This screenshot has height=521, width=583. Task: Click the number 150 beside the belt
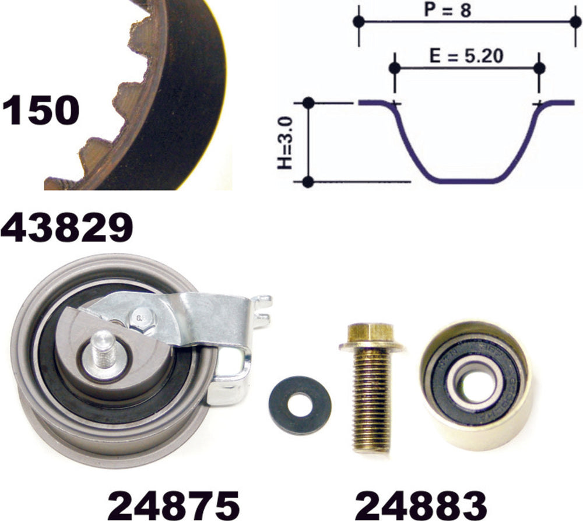click(x=41, y=110)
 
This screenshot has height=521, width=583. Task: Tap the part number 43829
click(x=67, y=227)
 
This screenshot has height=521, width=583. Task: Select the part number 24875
click(x=174, y=505)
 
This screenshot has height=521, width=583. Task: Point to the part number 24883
click(x=421, y=505)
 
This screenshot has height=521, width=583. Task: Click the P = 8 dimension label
click(x=448, y=10)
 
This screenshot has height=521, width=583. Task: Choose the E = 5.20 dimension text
click(x=466, y=56)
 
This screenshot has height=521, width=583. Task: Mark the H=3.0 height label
click(x=286, y=142)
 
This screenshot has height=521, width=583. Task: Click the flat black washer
click(x=300, y=404)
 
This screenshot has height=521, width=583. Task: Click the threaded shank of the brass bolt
click(x=371, y=402)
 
